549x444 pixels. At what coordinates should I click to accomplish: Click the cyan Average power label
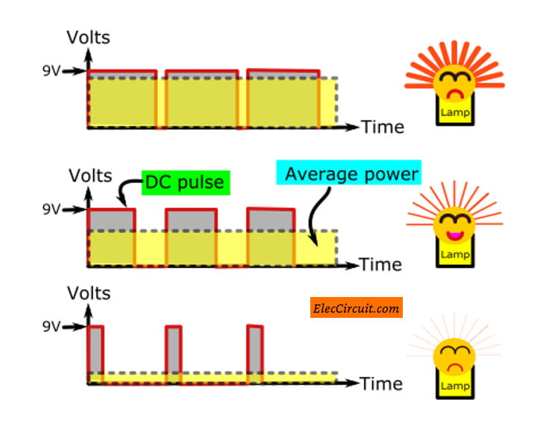click(x=351, y=175)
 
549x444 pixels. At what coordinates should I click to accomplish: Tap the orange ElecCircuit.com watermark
click(x=356, y=307)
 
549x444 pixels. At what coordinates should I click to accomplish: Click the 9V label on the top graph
click(x=51, y=72)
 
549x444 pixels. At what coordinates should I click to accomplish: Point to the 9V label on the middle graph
click(x=51, y=210)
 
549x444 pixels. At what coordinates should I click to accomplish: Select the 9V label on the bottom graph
click(x=51, y=326)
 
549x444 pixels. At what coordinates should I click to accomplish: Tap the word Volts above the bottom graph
click(x=89, y=293)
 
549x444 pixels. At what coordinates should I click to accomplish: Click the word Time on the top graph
click(x=382, y=127)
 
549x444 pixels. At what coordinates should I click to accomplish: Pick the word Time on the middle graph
click(x=380, y=264)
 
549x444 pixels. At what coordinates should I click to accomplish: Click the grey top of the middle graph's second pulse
click(x=190, y=219)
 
